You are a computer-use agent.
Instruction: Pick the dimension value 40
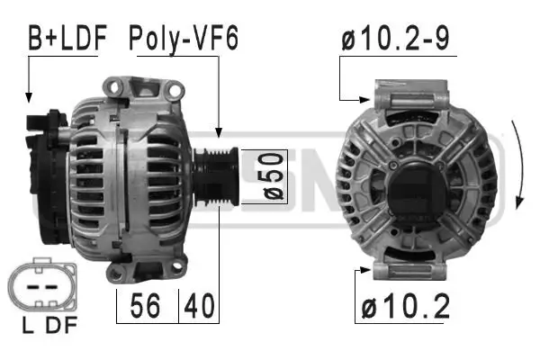click(200, 307)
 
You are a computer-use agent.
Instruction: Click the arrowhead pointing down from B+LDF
click(29, 95)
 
